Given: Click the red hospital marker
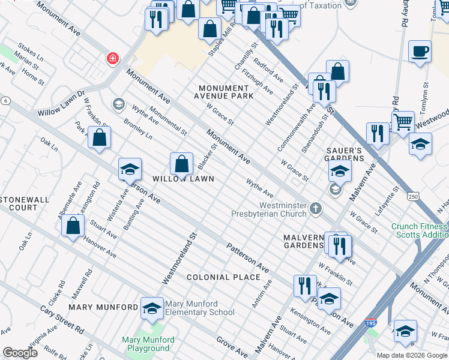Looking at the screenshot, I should [x=112, y=58].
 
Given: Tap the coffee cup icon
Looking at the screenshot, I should [x=420, y=51].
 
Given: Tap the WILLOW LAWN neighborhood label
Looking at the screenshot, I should [x=183, y=179].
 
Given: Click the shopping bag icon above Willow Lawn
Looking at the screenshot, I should [x=181, y=164].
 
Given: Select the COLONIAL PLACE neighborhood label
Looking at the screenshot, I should [x=223, y=277].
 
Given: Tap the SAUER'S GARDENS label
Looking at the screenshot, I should [x=345, y=154].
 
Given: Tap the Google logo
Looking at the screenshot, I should [x=20, y=353].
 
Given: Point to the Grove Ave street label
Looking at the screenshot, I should [x=232, y=346].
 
